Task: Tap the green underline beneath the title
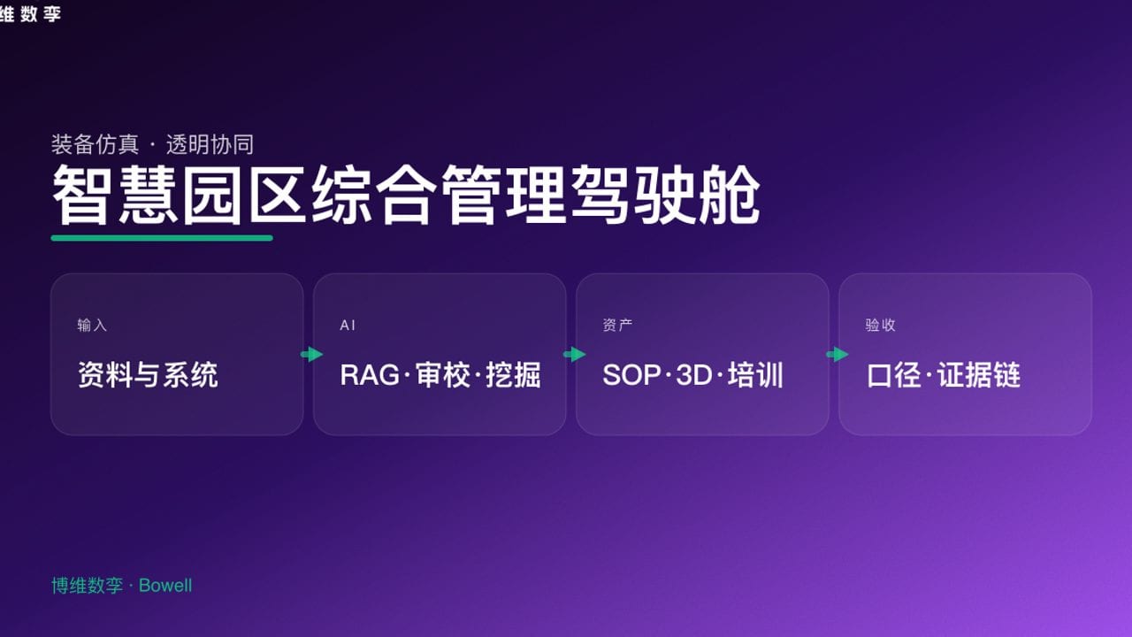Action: (x=162, y=237)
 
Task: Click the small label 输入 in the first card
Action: (x=92, y=326)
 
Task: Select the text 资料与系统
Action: (x=148, y=375)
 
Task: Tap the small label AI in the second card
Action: (x=348, y=326)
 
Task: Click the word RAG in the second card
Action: (x=370, y=375)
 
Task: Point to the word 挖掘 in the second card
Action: (x=513, y=375)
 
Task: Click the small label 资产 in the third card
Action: (x=617, y=326)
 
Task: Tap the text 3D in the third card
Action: (x=693, y=375)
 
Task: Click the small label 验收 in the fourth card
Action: (x=880, y=326)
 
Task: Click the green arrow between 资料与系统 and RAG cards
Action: (x=311, y=355)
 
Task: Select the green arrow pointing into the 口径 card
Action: (x=837, y=355)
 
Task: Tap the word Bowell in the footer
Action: (x=165, y=586)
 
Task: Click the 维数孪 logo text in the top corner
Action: (x=30, y=13)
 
